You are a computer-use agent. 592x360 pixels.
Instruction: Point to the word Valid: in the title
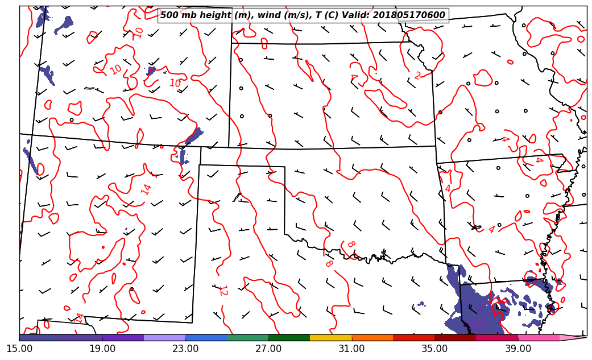[358, 15]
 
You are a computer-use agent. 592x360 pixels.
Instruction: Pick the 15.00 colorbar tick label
[19, 348]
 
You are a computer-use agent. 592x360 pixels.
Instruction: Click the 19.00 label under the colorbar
[102, 348]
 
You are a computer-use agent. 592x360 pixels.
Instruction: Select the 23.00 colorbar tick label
[185, 348]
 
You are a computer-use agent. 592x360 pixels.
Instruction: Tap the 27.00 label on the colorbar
[268, 348]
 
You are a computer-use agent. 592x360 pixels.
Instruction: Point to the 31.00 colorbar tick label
[351, 348]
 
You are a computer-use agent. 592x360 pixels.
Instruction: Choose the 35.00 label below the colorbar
[434, 348]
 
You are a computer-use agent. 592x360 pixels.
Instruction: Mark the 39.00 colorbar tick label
[518, 348]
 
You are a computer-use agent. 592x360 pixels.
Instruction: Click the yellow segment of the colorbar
[331, 337]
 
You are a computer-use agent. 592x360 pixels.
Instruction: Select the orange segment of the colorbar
[372, 337]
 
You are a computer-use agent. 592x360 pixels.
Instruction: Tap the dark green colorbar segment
[289, 337]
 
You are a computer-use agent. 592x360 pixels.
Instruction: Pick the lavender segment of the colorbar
[165, 337]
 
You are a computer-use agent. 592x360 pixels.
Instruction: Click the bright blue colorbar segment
[206, 337]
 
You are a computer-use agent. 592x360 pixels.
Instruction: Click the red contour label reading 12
[222, 290]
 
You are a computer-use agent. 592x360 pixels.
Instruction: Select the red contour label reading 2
[418, 76]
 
